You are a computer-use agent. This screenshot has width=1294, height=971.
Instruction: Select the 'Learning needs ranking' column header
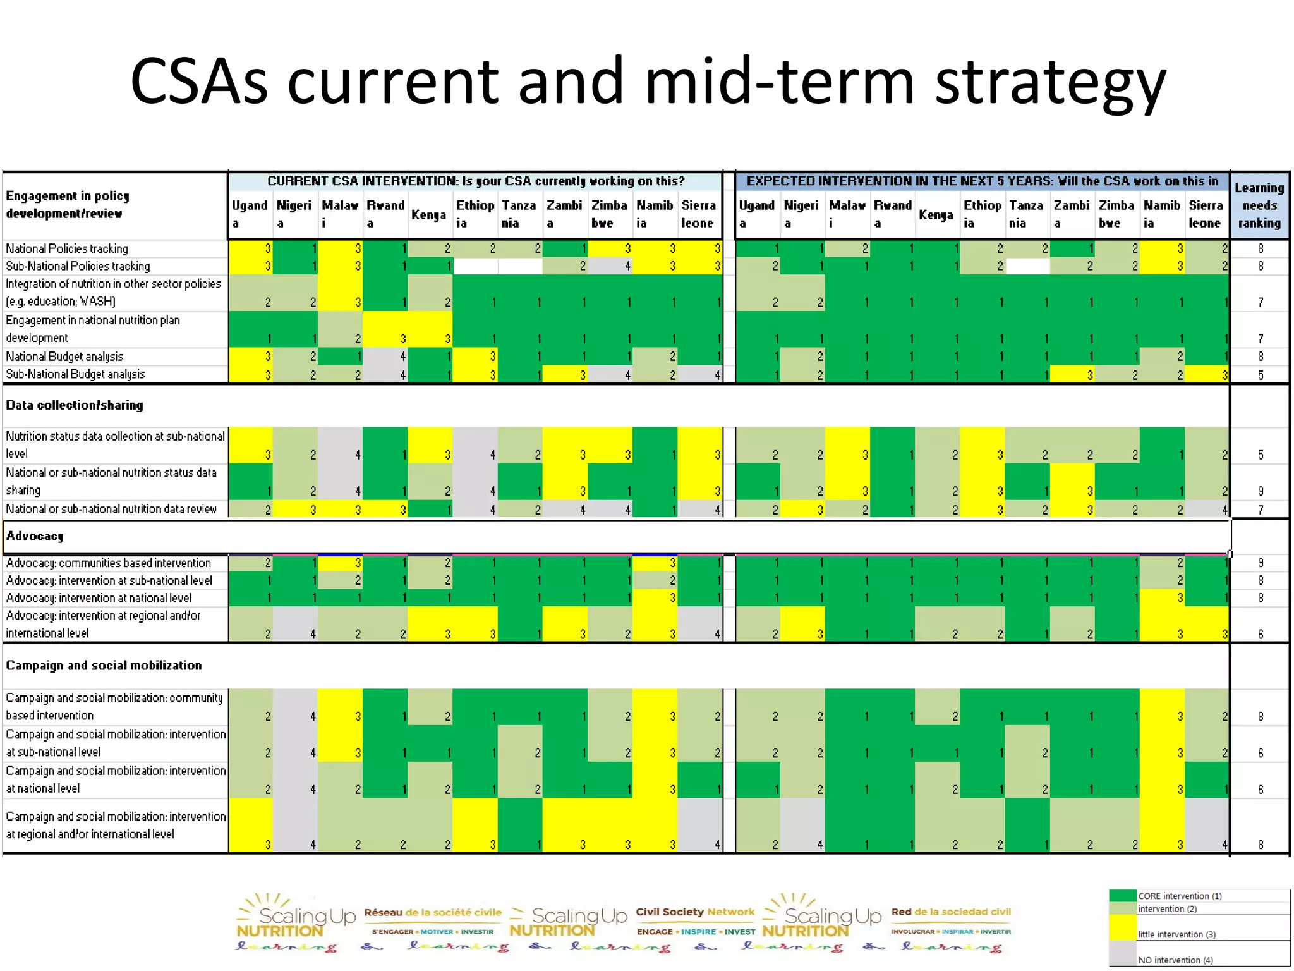pyautogui.click(x=1259, y=205)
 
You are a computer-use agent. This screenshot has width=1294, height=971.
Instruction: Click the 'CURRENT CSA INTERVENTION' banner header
pyautogui.click(x=475, y=181)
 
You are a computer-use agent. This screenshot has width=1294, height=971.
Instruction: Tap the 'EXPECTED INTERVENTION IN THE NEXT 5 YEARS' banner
pyautogui.click(x=982, y=181)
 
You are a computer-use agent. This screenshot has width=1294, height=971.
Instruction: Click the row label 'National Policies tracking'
pyautogui.click(x=67, y=248)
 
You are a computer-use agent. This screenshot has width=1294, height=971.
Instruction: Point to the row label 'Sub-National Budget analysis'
pyautogui.click(x=75, y=374)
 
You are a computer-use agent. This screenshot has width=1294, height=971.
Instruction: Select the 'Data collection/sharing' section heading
pyautogui.click(x=75, y=405)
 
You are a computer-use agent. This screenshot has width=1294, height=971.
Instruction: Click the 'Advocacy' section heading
pyautogui.click(x=35, y=536)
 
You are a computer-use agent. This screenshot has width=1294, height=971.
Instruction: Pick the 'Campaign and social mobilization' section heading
pyautogui.click(x=104, y=666)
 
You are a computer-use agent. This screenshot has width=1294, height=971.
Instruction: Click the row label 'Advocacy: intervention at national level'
pyautogui.click(x=99, y=598)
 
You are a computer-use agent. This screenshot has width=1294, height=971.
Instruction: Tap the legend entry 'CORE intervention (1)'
pyautogui.click(x=1180, y=896)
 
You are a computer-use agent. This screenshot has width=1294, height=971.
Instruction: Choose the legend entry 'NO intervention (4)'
pyautogui.click(x=1175, y=960)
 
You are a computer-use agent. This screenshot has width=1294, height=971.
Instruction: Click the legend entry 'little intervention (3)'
pyautogui.click(x=1176, y=934)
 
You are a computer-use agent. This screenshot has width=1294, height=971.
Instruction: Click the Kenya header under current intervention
pyautogui.click(x=428, y=214)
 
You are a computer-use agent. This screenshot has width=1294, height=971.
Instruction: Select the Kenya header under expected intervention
pyautogui.click(x=936, y=214)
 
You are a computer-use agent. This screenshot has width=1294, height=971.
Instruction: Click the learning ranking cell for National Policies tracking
pyautogui.click(x=1260, y=248)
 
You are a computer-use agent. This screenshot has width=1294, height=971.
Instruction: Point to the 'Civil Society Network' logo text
pyautogui.click(x=695, y=912)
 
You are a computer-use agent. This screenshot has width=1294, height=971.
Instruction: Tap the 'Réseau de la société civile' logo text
pyautogui.click(x=433, y=912)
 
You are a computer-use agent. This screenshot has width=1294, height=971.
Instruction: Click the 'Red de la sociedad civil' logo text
pyautogui.click(x=951, y=912)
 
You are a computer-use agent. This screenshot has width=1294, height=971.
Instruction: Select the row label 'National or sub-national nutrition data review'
pyautogui.click(x=111, y=509)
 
